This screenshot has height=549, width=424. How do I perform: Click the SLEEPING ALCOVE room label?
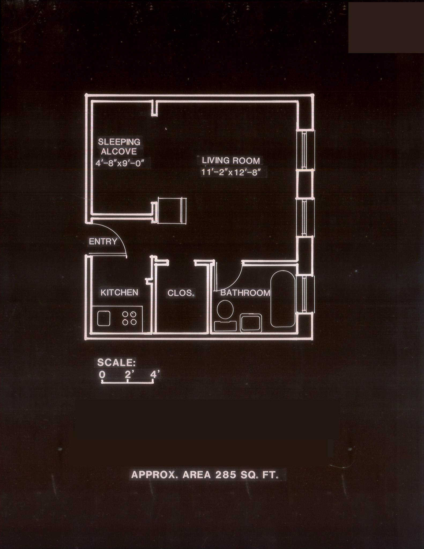pos(119,147)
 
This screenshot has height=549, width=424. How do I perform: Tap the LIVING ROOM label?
pos(231,161)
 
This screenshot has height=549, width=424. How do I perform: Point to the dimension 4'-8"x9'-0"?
pos(120,163)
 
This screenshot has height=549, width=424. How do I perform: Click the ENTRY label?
pos(103,242)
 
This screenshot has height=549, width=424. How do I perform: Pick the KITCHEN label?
pos(120,292)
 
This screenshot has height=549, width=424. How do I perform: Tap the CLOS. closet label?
pos(181,293)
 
